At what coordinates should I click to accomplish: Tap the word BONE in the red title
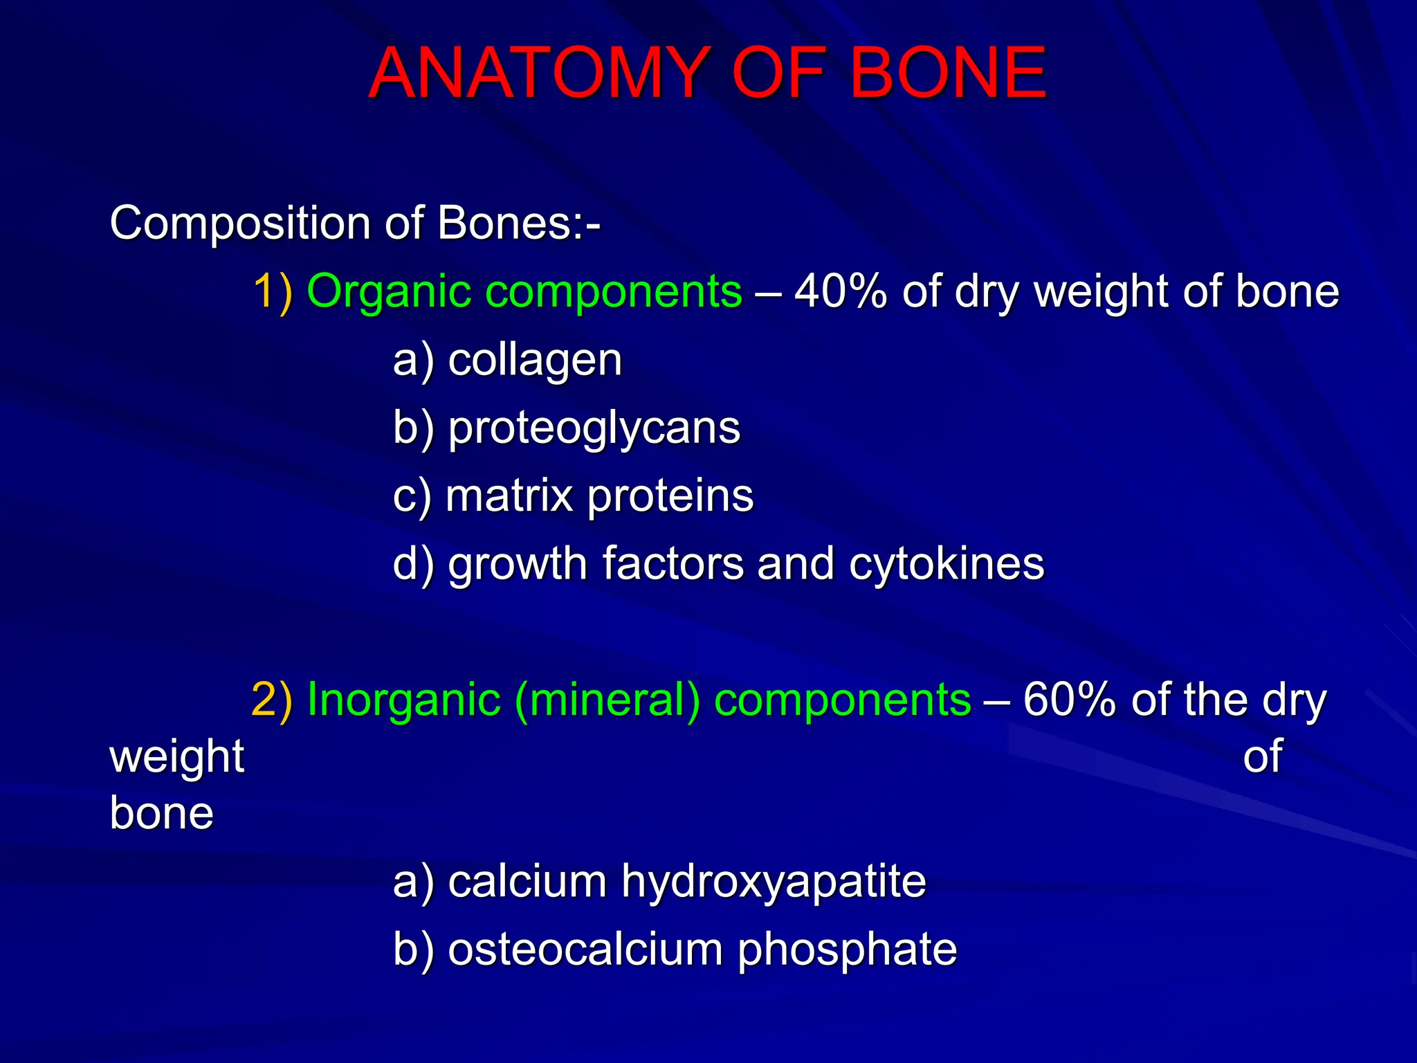pos(948,73)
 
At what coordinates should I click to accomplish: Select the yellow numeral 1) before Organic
pos(273,291)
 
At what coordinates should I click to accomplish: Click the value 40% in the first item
pos(841,291)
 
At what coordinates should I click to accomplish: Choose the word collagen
pos(535,361)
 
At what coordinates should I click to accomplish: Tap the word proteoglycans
pos(594,428)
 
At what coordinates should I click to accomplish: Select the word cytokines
pos(947,563)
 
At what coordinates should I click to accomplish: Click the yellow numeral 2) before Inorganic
pos(272,699)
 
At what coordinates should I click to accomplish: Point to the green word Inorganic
pos(403,699)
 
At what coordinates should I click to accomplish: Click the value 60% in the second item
pos(1069,699)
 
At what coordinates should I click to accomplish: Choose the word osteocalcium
pos(585,949)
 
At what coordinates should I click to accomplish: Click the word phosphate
pos(847,950)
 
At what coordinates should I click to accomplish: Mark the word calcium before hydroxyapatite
pos(527,881)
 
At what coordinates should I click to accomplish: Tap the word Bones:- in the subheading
pos(518,224)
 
